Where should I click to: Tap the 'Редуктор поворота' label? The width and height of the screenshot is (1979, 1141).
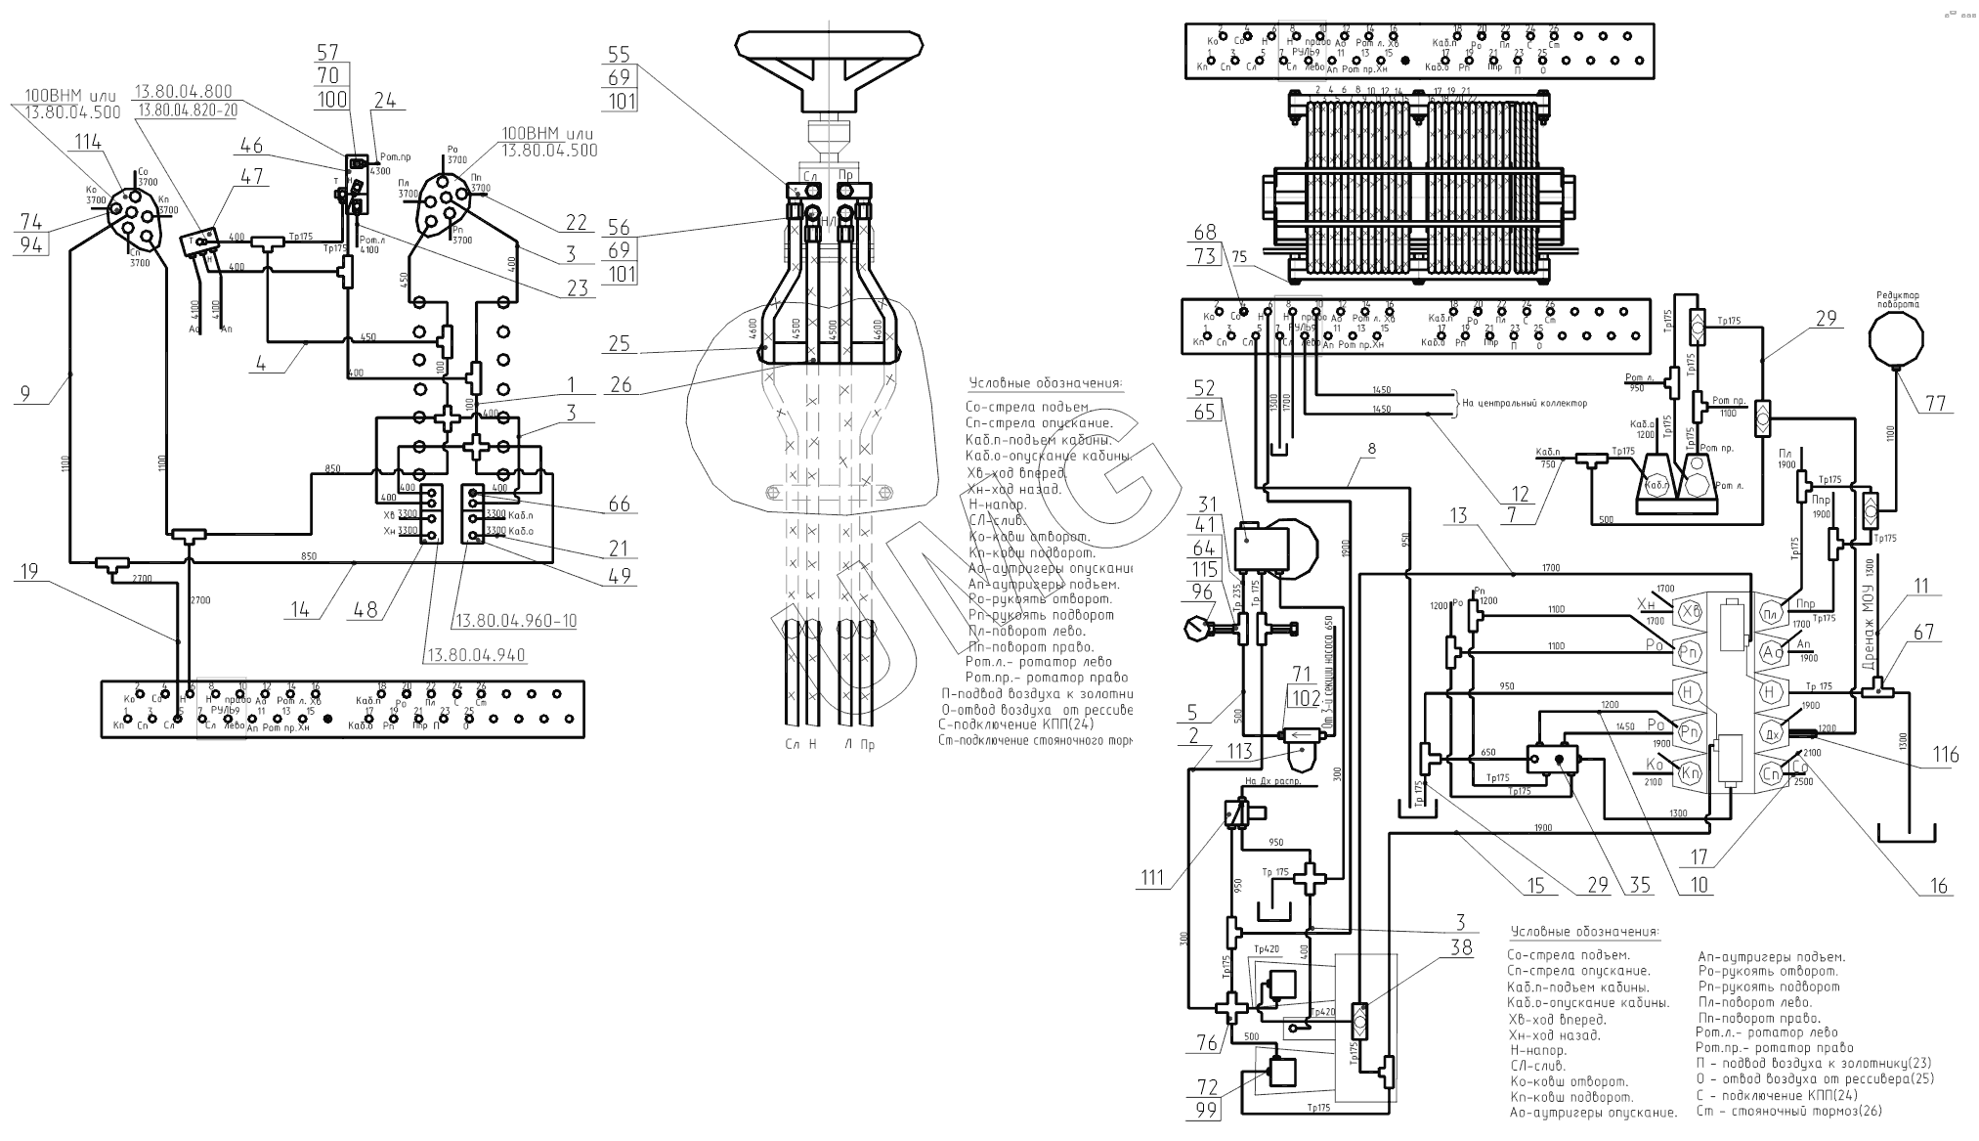[x=1896, y=299]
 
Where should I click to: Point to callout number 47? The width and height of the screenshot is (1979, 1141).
[x=253, y=176]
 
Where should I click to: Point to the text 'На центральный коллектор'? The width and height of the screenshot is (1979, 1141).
[x=1524, y=403]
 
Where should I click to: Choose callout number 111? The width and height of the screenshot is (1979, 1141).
[x=1152, y=878]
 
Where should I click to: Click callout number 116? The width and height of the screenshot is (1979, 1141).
[x=1946, y=755]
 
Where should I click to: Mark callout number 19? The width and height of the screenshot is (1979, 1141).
[x=30, y=571]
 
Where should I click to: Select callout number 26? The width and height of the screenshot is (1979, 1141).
[x=621, y=385]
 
